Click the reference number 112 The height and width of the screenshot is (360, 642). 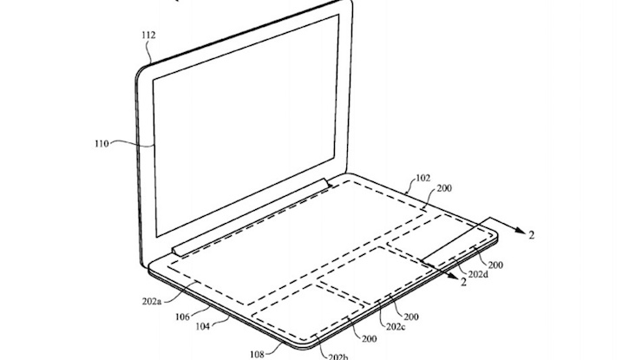pyautogui.click(x=148, y=36)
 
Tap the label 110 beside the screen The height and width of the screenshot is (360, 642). pyautogui.click(x=102, y=144)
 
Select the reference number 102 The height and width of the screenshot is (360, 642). pyautogui.click(x=423, y=178)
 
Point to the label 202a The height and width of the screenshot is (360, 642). pyautogui.click(x=152, y=301)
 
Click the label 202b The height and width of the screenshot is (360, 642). pyautogui.click(x=338, y=357)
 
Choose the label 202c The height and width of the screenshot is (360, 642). pyautogui.click(x=396, y=327)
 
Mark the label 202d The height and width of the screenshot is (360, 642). pyautogui.click(x=478, y=274)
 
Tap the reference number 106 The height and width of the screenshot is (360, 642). pyautogui.click(x=182, y=317)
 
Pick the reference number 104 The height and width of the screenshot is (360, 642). pyautogui.click(x=203, y=326)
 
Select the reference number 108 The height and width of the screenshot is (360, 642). pyautogui.click(x=257, y=354)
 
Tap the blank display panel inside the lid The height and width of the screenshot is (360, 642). pyautogui.click(x=246, y=126)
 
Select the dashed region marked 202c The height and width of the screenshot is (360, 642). pyautogui.click(x=376, y=274)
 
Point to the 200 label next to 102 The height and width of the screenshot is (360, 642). pyautogui.click(x=444, y=188)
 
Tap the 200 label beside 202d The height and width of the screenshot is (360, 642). pyautogui.click(x=495, y=265)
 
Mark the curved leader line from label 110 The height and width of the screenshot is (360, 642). pyautogui.click(x=132, y=142)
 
